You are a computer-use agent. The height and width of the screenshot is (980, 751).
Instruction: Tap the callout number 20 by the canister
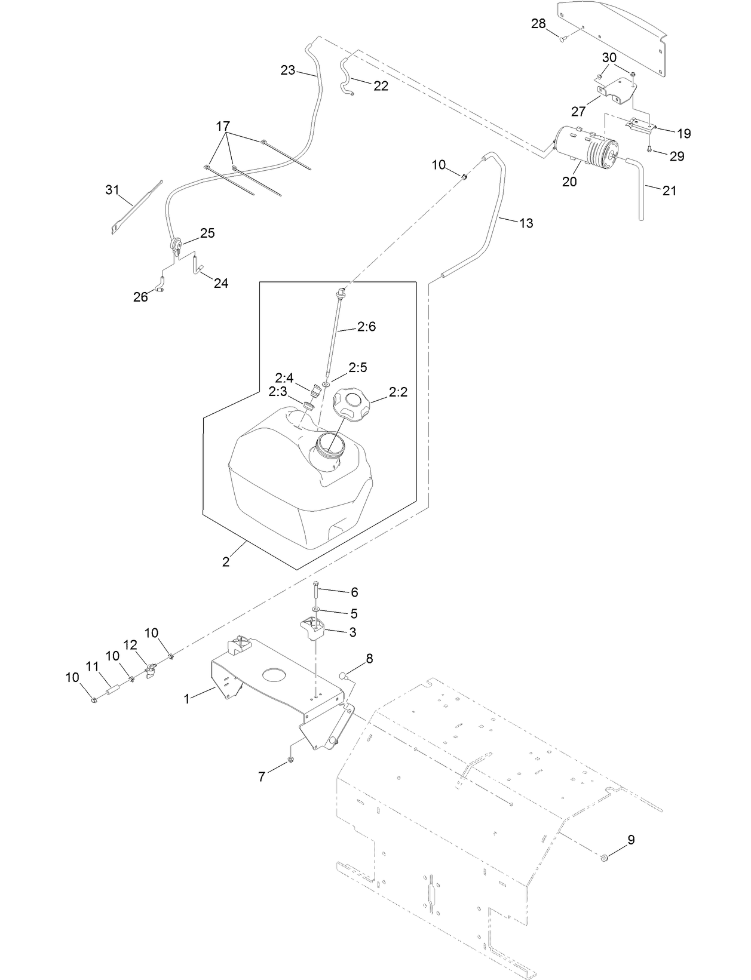(x=569, y=182)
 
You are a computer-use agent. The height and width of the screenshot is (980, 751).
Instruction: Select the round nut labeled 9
(x=605, y=858)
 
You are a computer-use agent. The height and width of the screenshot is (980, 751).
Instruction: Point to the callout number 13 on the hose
(x=526, y=223)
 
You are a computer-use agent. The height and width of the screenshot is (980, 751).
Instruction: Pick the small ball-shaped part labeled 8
(x=344, y=676)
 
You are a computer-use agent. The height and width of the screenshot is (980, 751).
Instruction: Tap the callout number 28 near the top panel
(x=538, y=23)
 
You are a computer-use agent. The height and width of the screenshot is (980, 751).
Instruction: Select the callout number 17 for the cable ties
(x=223, y=127)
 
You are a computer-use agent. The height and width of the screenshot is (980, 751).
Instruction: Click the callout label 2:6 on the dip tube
(x=366, y=327)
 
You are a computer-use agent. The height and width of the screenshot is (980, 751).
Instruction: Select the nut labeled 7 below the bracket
(x=290, y=760)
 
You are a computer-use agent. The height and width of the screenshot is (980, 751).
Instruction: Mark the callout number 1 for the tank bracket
(x=187, y=698)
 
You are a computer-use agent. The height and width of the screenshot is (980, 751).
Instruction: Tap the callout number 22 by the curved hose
(x=381, y=86)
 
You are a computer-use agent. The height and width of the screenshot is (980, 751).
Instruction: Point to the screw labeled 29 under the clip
(x=649, y=149)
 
